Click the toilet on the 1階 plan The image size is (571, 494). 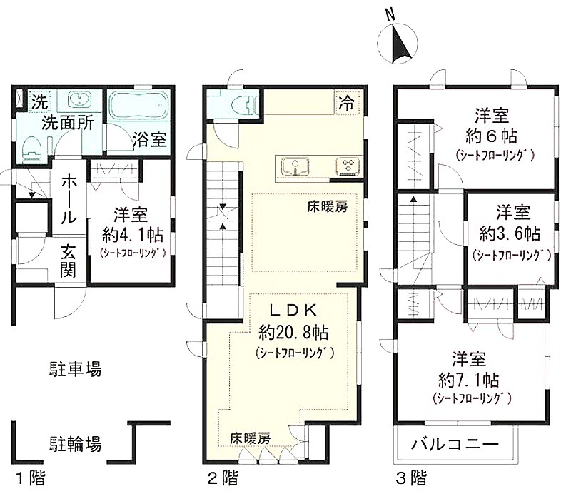pyautogui.click(x=31, y=149)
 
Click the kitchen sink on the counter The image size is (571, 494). pyautogui.click(x=295, y=167)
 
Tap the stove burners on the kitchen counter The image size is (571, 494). pyautogui.click(x=348, y=166)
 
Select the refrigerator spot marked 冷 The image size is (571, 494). pyautogui.click(x=346, y=103)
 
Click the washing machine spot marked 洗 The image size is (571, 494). pyautogui.click(x=39, y=101)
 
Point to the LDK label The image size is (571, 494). pyautogui.click(x=293, y=310)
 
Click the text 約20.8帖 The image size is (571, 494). pyautogui.click(x=293, y=332)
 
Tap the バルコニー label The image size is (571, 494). pyautogui.click(x=455, y=445)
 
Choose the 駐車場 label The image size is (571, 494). pyautogui.click(x=75, y=369)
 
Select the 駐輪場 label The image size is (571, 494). pyautogui.click(x=75, y=444)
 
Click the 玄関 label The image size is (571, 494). pyautogui.click(x=69, y=261)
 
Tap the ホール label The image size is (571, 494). pyautogui.click(x=69, y=199)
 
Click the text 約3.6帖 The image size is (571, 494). pyautogui.click(x=510, y=233)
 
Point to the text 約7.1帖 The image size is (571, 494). pyautogui.click(x=469, y=380)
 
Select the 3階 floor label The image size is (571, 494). pyautogui.click(x=411, y=478)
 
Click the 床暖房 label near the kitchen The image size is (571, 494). pyautogui.click(x=328, y=207)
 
